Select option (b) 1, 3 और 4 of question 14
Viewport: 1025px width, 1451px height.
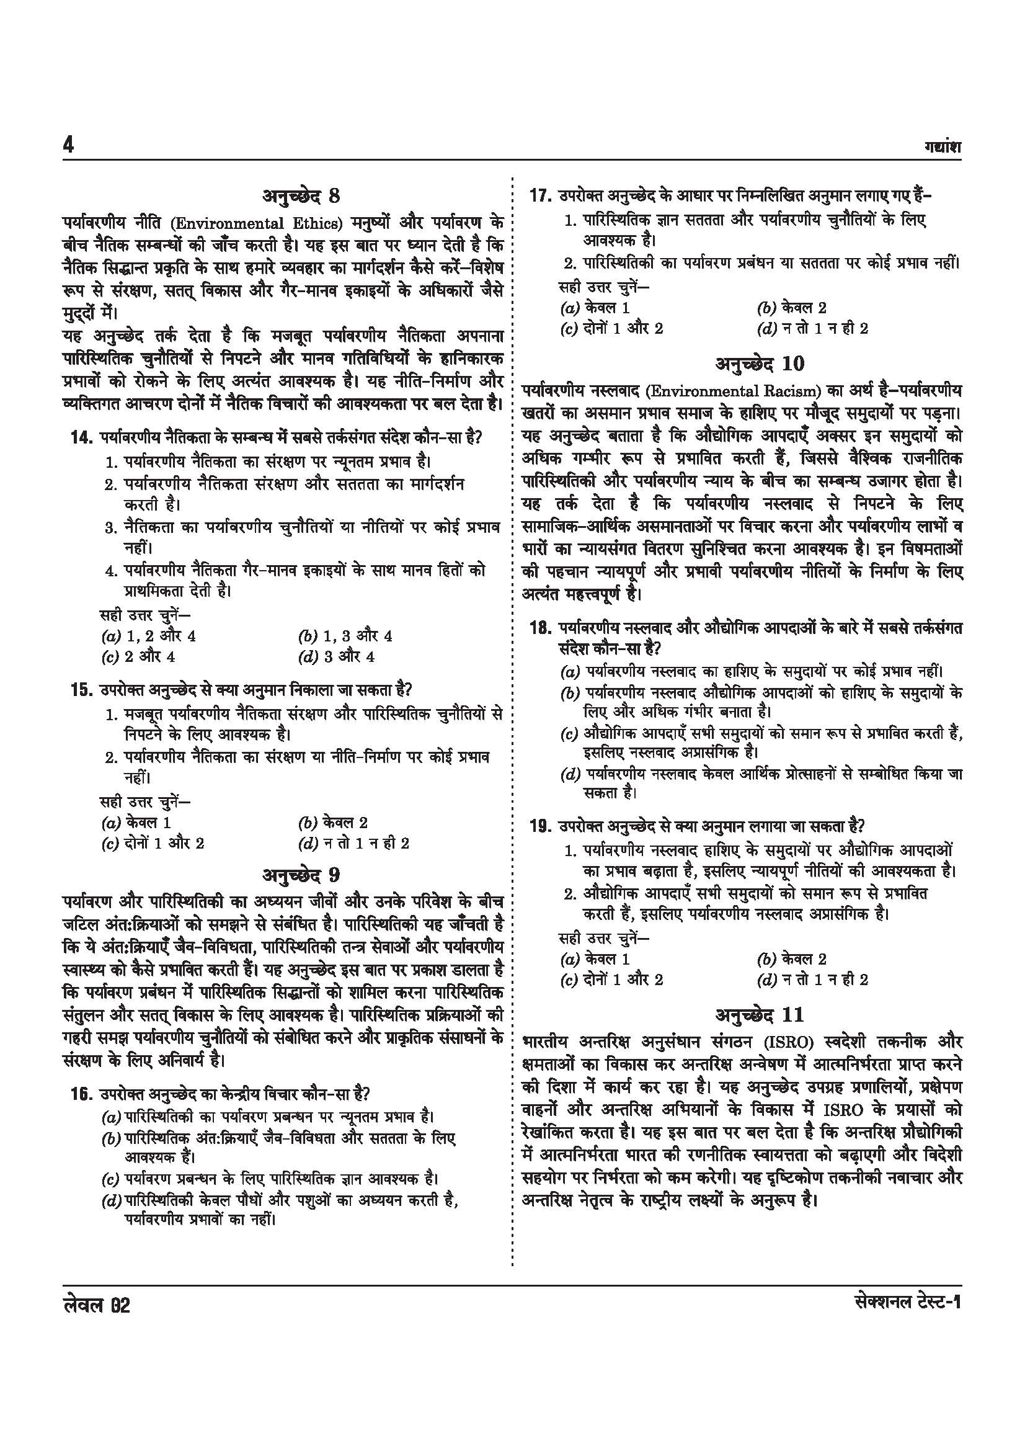click(345, 636)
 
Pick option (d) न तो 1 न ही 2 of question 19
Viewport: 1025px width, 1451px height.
click(812, 980)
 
